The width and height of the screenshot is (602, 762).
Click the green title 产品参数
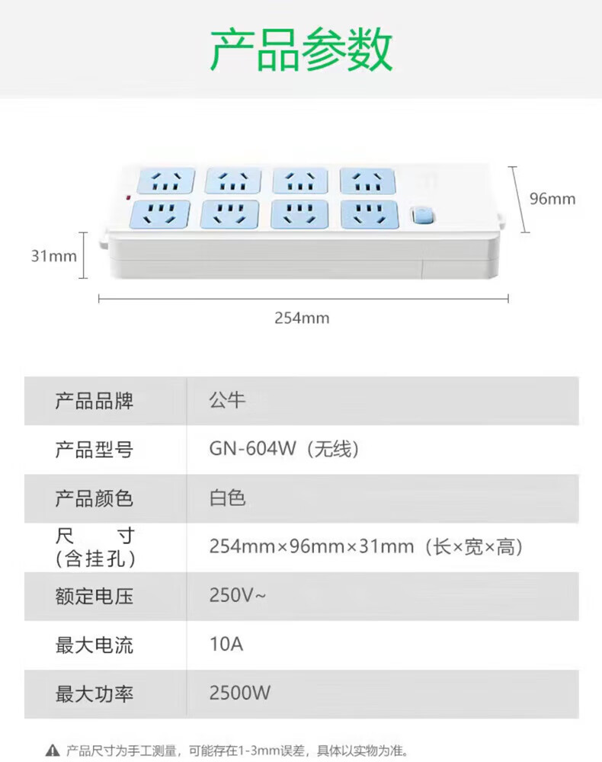(x=301, y=49)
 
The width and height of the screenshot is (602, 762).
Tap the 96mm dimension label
(x=552, y=199)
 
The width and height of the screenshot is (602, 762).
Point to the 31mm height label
(x=54, y=256)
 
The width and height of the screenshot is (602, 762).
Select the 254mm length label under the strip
(x=302, y=318)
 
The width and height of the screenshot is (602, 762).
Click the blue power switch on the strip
(x=422, y=216)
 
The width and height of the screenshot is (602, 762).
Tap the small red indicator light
(x=128, y=198)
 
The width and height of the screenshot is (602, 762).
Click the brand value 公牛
(x=227, y=401)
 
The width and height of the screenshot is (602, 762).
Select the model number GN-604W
(x=252, y=449)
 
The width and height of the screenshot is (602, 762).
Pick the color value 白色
(x=227, y=498)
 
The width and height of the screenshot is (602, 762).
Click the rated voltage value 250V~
(x=238, y=595)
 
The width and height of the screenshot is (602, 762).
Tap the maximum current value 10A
(x=226, y=644)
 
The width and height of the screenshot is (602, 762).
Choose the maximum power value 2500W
(x=240, y=693)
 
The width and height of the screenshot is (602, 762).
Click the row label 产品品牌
(x=94, y=401)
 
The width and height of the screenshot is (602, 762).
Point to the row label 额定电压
(x=94, y=597)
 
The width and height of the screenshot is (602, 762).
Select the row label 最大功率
(x=94, y=694)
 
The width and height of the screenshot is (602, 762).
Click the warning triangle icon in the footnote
(x=53, y=751)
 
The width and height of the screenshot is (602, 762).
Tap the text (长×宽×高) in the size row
(x=474, y=546)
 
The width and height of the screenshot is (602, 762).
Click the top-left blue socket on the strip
(x=166, y=181)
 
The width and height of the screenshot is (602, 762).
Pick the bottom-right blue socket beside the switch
(x=370, y=214)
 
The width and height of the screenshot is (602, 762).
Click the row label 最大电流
(x=94, y=645)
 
